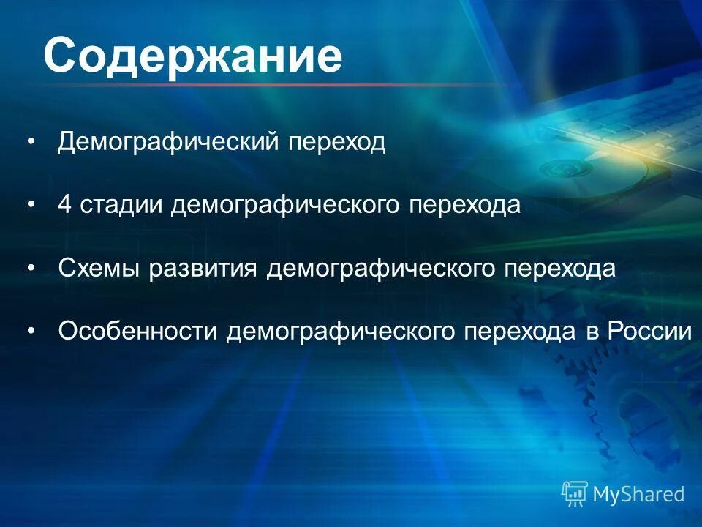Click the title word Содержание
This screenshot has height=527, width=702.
[x=192, y=56]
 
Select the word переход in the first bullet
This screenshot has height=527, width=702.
[x=336, y=142]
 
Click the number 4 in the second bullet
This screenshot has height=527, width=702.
[x=65, y=205]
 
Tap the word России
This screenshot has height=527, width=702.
[x=649, y=332]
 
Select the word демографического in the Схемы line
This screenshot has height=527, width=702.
[x=380, y=269]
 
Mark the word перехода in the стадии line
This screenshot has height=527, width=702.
[x=464, y=205]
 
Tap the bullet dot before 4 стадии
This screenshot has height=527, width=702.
[x=30, y=205]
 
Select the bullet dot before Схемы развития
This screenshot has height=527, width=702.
[x=30, y=269]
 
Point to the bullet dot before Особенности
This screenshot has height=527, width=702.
[x=30, y=332]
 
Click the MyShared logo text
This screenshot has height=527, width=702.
[x=638, y=494]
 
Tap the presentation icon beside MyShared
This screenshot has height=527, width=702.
[x=575, y=494]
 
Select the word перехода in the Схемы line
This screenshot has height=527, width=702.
[x=559, y=269]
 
